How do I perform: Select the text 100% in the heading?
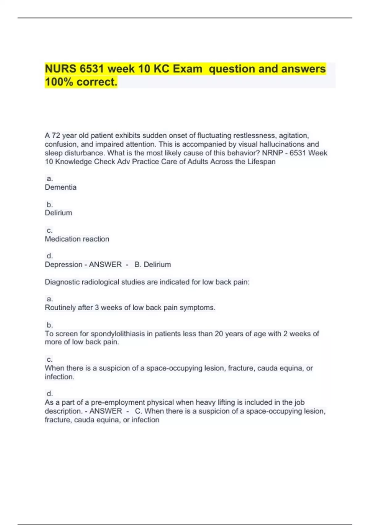point(59,82)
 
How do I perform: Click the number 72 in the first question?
point(56,136)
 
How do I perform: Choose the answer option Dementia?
point(61,187)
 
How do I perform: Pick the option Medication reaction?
point(77,239)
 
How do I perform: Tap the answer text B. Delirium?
point(153,264)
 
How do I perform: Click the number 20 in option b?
point(219,334)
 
